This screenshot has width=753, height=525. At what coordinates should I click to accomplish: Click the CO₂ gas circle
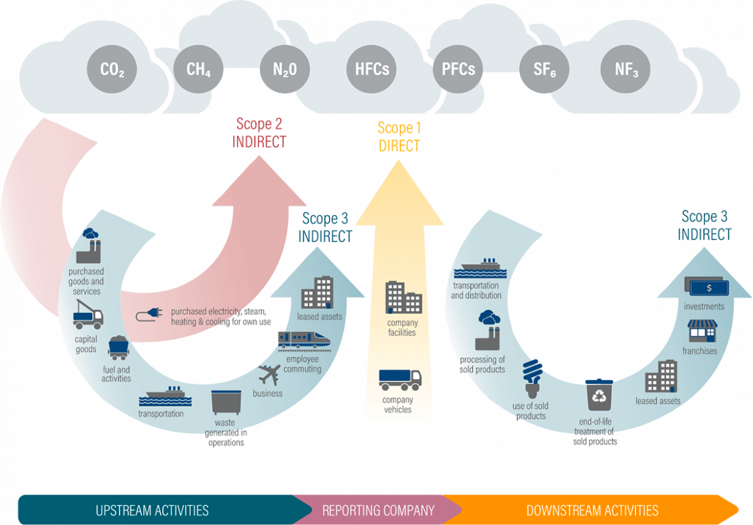tap(112, 69)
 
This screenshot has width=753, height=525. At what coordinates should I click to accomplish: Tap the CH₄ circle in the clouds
tap(198, 69)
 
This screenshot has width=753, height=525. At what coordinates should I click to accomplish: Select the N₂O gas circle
tap(284, 69)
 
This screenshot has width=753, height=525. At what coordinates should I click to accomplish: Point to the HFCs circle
tap(372, 69)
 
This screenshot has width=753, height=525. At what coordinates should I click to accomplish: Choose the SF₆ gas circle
tap(544, 69)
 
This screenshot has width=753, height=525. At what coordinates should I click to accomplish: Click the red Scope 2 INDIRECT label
tap(260, 132)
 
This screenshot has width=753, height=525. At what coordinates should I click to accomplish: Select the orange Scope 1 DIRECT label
tap(399, 136)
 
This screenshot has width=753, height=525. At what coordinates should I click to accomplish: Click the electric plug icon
tap(149, 316)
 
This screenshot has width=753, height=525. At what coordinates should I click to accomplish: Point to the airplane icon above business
tap(270, 376)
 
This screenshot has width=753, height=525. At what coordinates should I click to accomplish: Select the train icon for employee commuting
tap(303, 339)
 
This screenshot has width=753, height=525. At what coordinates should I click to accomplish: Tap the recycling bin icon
tap(599, 394)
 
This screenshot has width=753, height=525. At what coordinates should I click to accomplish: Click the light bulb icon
tap(531, 376)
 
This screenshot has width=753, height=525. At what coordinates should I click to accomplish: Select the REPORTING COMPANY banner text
tap(378, 510)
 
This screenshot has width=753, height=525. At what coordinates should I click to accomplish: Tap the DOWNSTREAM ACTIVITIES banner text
tap(592, 510)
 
